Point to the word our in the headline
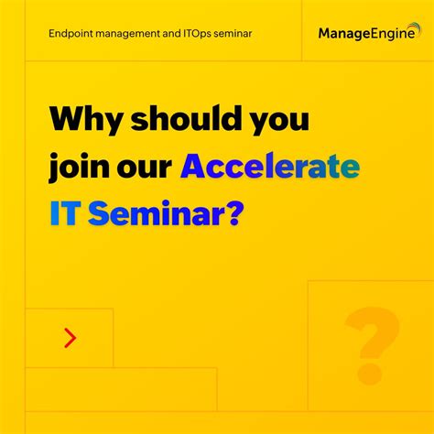[x=146, y=168]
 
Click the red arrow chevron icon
[x=70, y=338]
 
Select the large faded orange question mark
[x=371, y=343]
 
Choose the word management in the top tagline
[x=134, y=33]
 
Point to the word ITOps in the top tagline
[x=208, y=33]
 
